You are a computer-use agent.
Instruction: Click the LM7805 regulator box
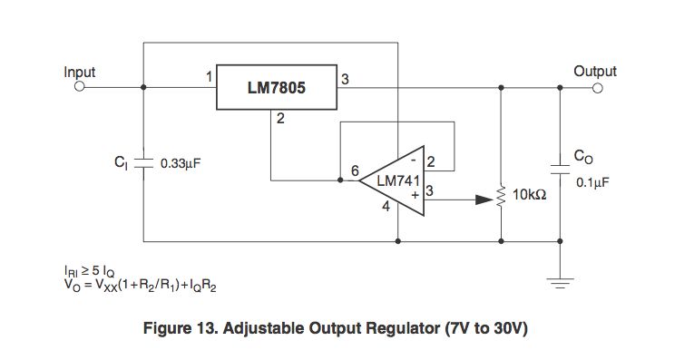click(x=276, y=88)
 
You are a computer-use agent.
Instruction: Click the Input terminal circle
click(x=79, y=88)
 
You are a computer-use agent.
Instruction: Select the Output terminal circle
click(x=598, y=88)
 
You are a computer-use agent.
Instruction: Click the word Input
click(x=80, y=71)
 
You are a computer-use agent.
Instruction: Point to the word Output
click(x=595, y=71)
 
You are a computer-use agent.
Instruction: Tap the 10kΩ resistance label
click(x=530, y=194)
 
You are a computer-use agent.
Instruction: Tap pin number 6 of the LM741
click(x=355, y=170)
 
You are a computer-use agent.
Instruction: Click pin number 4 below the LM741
click(x=386, y=207)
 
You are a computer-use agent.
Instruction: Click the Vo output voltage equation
click(x=141, y=285)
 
